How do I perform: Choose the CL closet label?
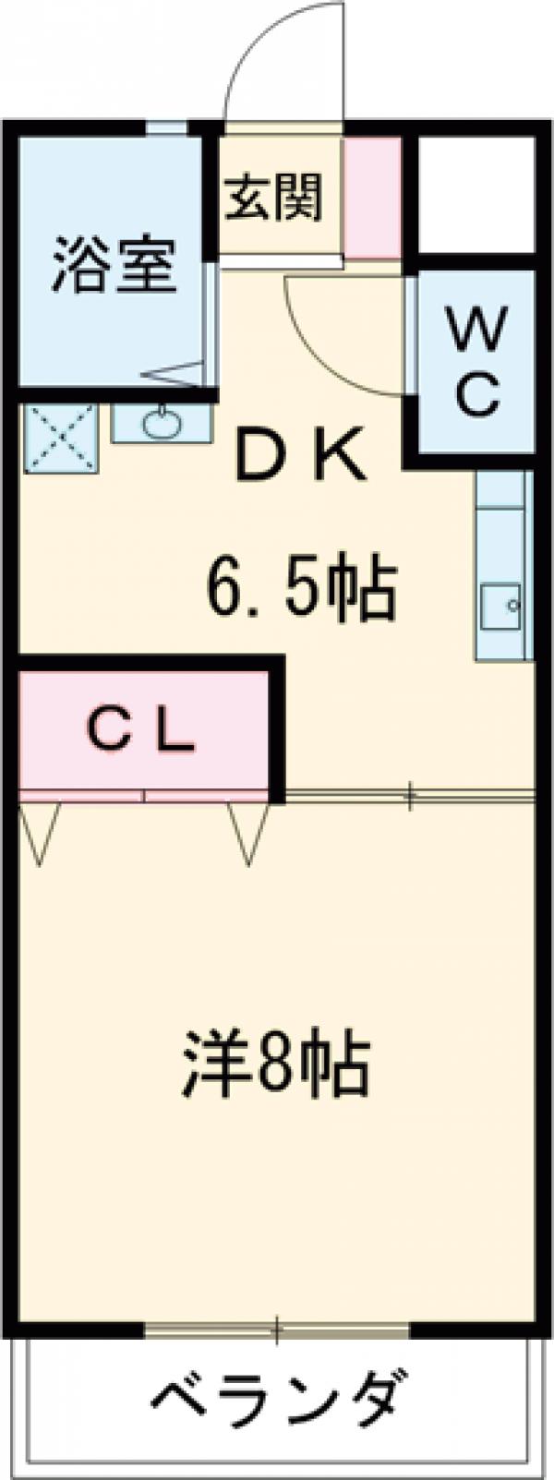(x=142, y=730)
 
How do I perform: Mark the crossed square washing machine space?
(x=59, y=438)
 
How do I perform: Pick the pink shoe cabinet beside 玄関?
(x=372, y=198)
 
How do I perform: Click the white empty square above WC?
(x=476, y=193)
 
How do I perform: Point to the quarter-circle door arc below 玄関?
(x=342, y=332)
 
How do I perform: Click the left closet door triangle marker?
(x=40, y=831)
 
